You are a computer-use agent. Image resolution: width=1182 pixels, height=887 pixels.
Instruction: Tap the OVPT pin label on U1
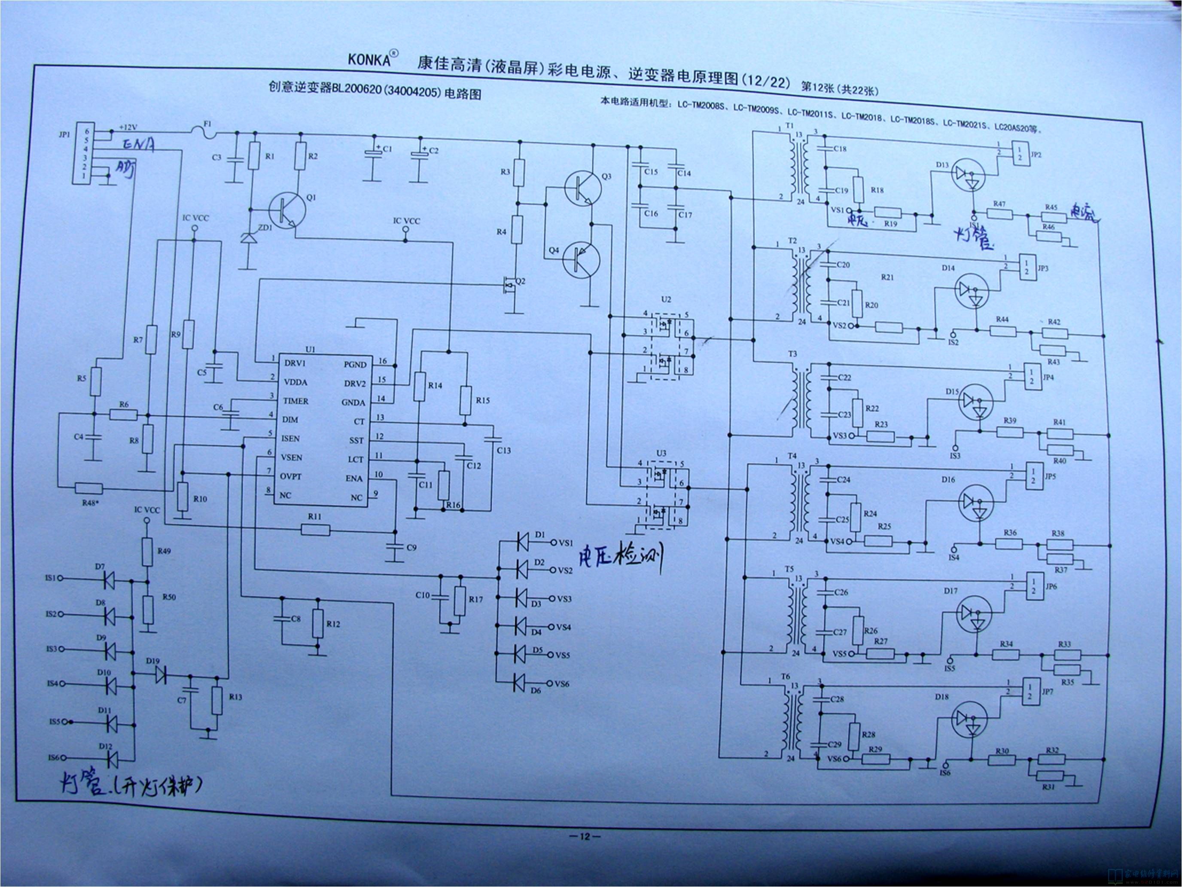291,476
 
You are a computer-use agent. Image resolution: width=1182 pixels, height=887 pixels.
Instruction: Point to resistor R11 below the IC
315,530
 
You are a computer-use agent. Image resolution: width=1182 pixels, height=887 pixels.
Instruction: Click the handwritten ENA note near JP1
137,144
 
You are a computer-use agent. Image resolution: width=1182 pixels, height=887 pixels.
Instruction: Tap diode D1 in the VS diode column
524,542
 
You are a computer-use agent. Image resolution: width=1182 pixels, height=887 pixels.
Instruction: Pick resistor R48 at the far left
89,488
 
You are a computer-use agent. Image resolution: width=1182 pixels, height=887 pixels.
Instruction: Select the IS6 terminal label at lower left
53,758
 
